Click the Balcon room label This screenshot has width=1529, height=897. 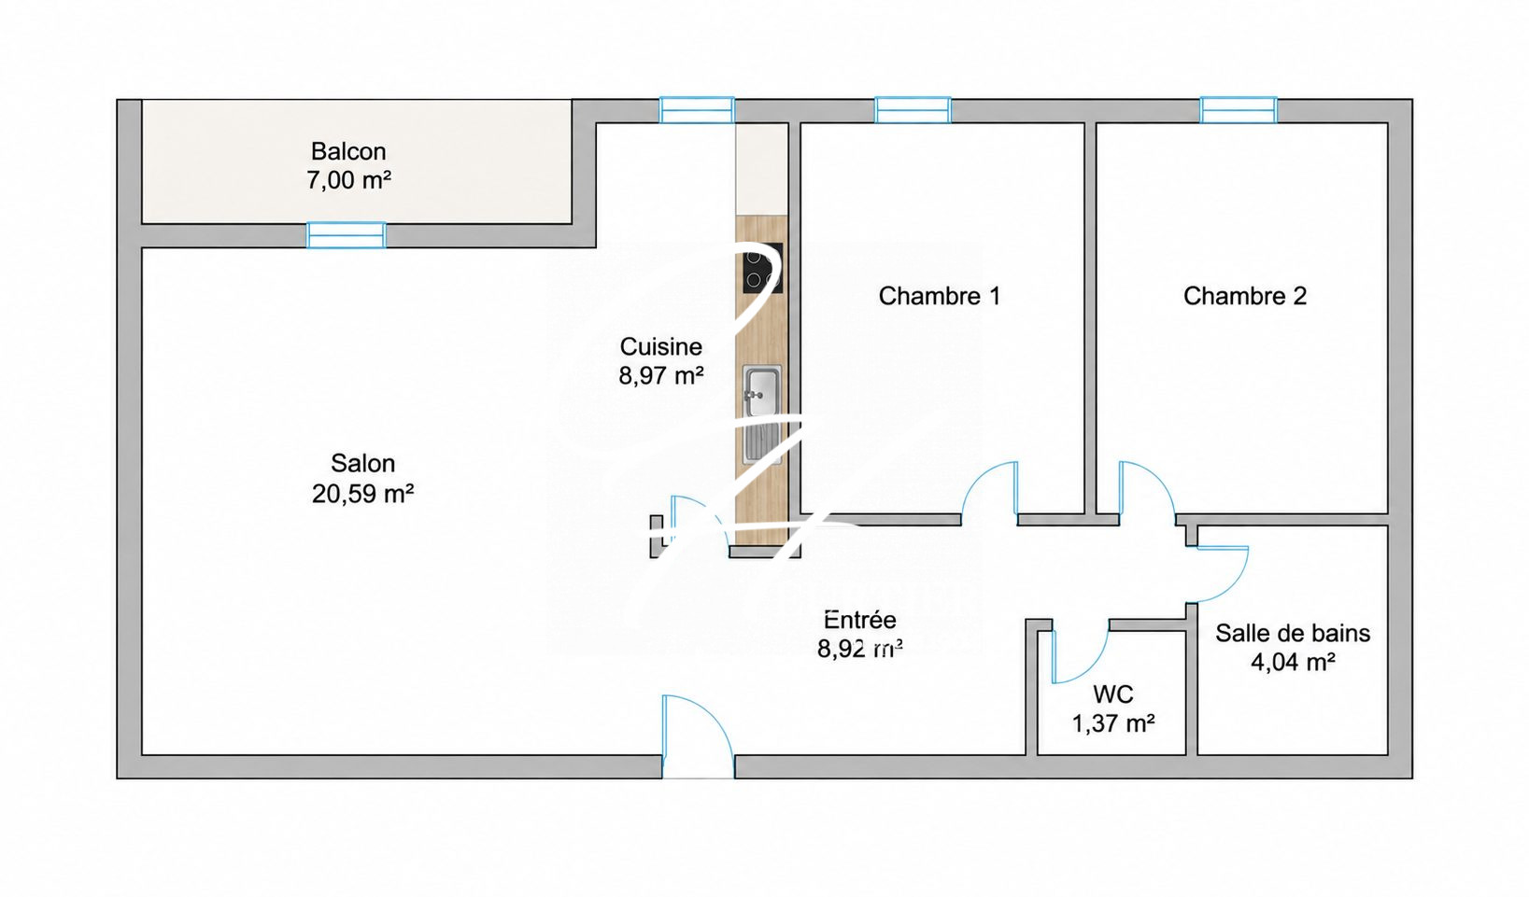(x=348, y=151)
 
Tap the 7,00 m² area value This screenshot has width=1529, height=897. (x=348, y=180)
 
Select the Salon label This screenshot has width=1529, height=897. (x=362, y=463)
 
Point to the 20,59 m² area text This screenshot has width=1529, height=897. (x=362, y=493)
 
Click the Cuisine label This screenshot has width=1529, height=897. (x=660, y=346)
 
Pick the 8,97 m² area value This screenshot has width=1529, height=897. (x=660, y=375)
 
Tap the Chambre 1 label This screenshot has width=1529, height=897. (x=940, y=296)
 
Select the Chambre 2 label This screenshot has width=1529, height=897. (x=1245, y=296)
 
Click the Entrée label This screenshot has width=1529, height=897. (x=860, y=620)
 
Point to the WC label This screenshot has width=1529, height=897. (x=1113, y=694)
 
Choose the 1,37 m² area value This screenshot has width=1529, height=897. (x=1113, y=723)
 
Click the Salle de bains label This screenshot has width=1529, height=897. (x=1293, y=633)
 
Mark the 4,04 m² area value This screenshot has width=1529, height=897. (x=1293, y=662)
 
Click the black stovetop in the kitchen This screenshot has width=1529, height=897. (x=762, y=268)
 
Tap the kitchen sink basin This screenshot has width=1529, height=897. (x=762, y=391)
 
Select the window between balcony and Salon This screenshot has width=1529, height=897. (x=347, y=235)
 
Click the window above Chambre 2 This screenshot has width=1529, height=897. (x=1239, y=110)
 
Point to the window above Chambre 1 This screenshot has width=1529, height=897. (x=913, y=110)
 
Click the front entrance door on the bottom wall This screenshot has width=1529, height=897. (x=698, y=736)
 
